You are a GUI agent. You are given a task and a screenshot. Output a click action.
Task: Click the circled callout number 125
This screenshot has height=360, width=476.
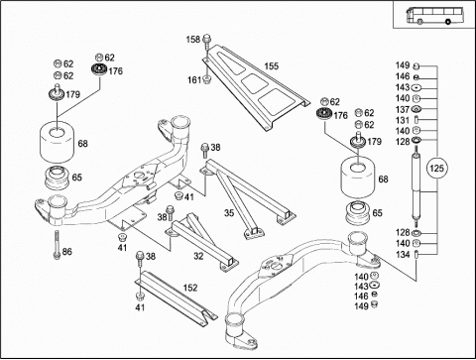pos(436,169)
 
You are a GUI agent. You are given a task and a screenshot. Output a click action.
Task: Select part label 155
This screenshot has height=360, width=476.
pos(271,66)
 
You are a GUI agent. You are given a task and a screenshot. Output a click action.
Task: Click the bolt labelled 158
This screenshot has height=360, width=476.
pos(206,41)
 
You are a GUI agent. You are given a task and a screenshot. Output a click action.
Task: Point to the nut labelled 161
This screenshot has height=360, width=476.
pos(206,79)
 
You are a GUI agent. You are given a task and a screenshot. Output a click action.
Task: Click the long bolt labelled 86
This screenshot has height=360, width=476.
pos(57,244)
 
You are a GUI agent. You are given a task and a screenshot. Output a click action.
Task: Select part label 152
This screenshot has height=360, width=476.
pos(190,288)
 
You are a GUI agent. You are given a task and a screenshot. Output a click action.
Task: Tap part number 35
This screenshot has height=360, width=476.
pos(229,213)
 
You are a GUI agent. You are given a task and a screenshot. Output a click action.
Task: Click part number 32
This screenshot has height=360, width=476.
pos(198,256)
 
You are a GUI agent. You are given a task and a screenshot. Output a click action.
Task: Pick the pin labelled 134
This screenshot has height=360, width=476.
pos(416,255)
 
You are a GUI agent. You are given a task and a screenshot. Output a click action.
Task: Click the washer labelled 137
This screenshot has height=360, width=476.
pos(416,109)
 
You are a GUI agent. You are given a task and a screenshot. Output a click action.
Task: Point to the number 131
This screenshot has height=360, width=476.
pos(403,120)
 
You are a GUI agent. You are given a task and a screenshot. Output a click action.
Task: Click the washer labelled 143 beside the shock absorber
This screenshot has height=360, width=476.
pos(416,88)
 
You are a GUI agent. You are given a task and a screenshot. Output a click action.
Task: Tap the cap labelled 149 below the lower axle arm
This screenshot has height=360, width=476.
pos(375,304)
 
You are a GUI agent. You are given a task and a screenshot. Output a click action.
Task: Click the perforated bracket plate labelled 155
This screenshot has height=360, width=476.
pos(255,87)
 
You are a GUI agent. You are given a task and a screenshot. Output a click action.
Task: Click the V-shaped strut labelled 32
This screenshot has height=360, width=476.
pos(201,241)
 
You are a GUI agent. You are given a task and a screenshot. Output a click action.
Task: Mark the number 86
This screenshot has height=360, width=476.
pos(67,252)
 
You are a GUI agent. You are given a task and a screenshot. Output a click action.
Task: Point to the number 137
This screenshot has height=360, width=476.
pos(403,109)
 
